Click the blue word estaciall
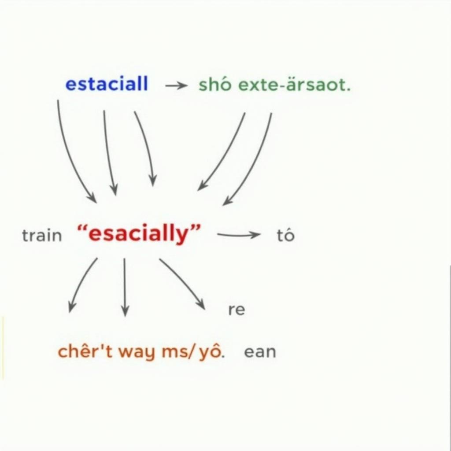coord(107,84)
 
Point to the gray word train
coord(42,236)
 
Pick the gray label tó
coord(285,236)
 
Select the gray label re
coord(237,310)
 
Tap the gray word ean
coord(260,352)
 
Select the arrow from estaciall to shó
coord(176,86)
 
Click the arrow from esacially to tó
coord(238,235)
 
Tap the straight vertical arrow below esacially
coord(125,286)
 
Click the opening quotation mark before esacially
coord(82,229)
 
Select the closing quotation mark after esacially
coord(195,229)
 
